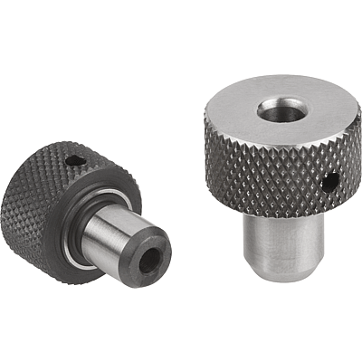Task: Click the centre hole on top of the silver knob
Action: point(277,110)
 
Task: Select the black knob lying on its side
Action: point(90,208)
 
